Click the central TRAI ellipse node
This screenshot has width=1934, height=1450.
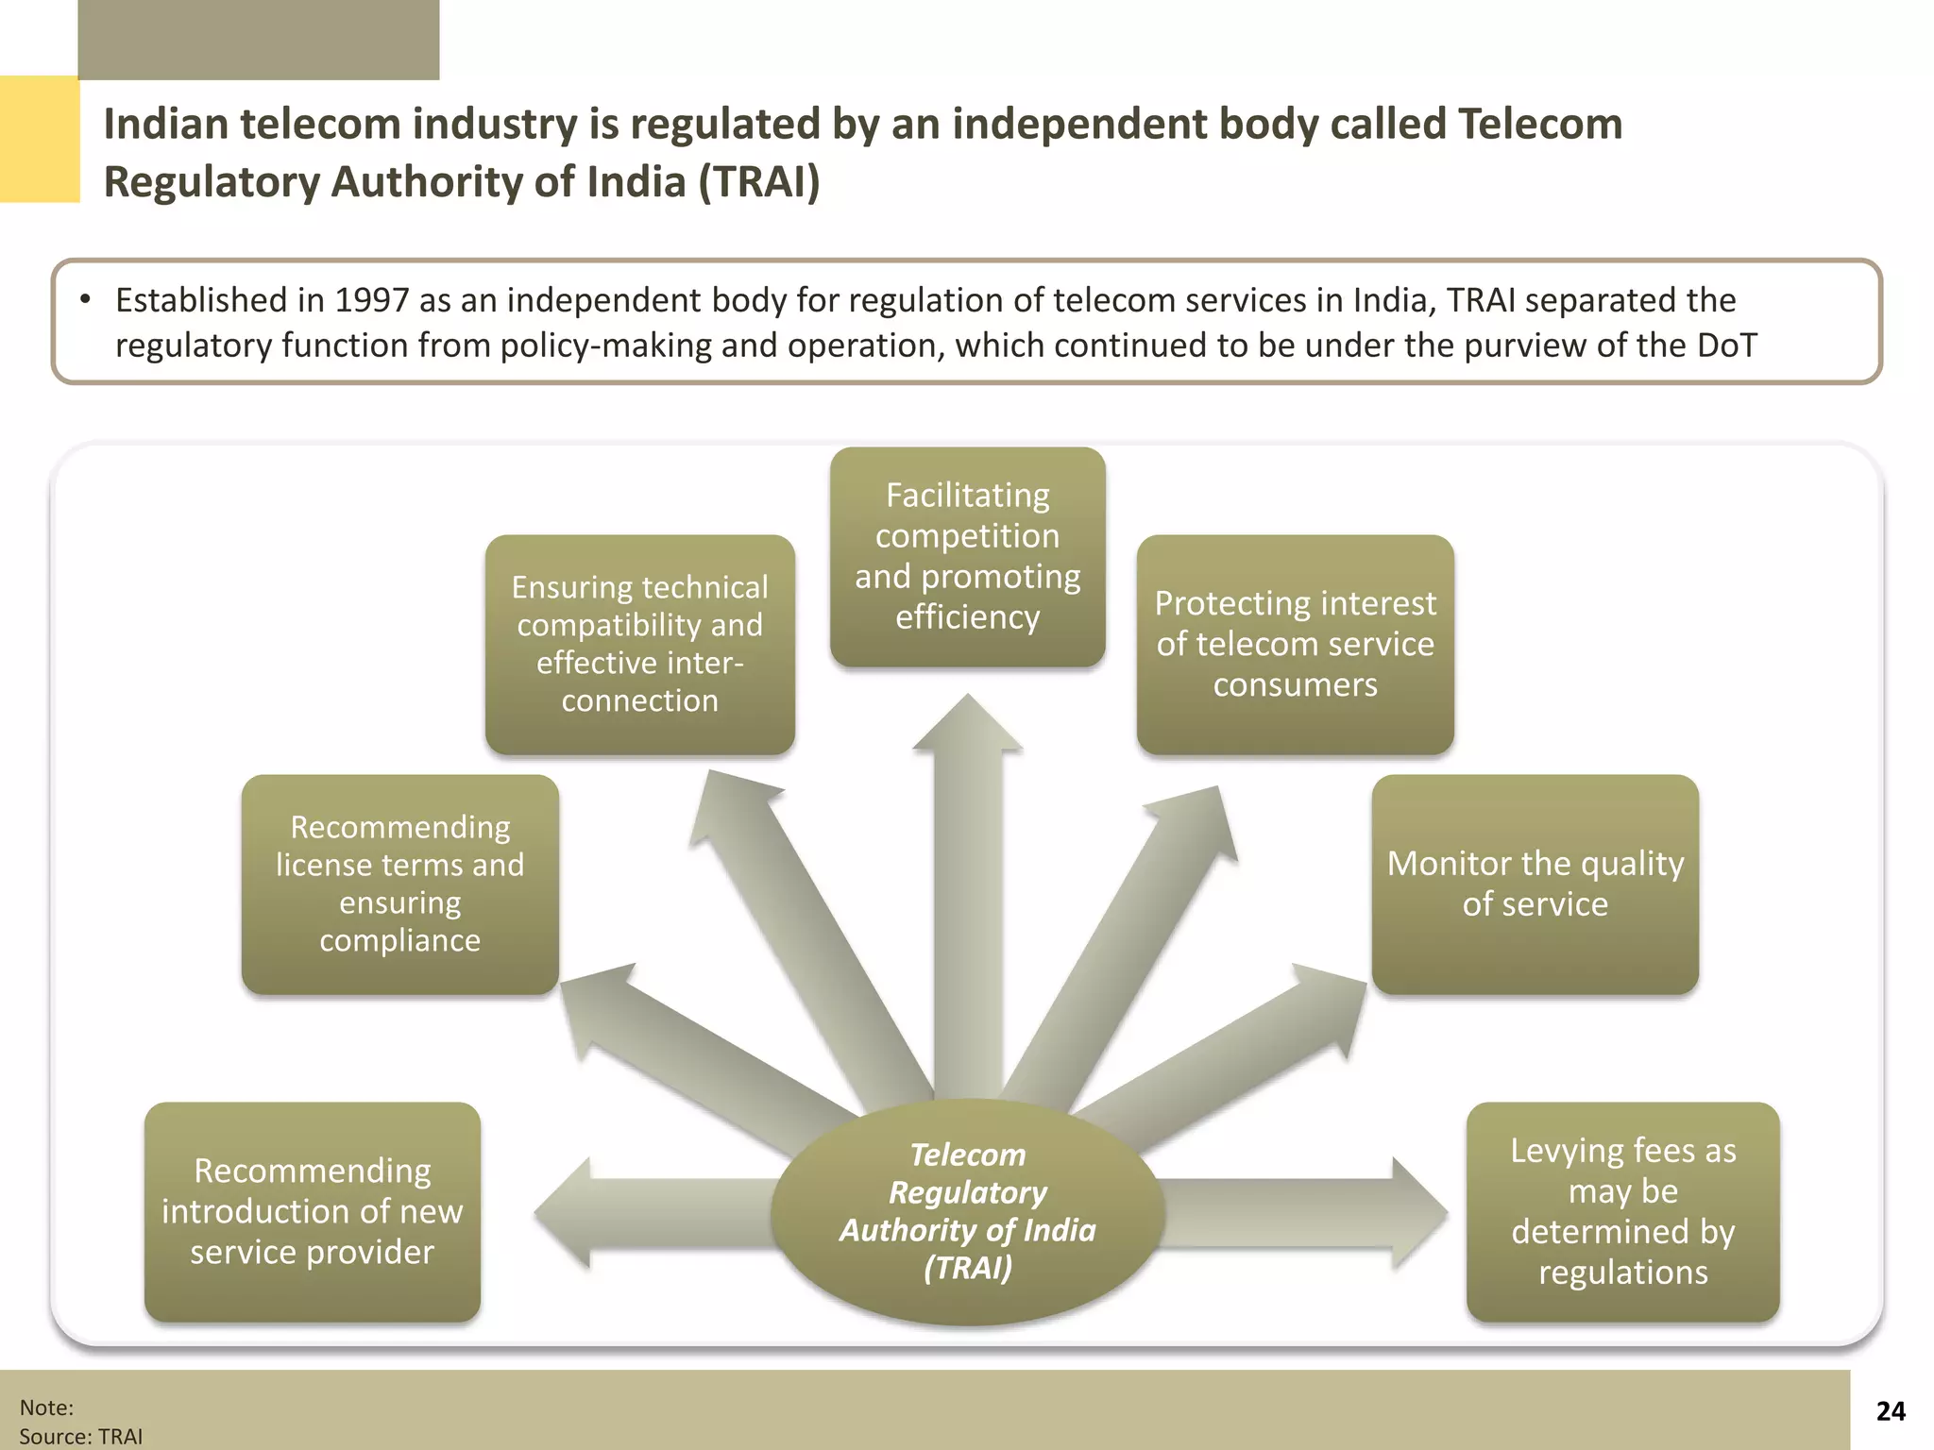tap(967, 1211)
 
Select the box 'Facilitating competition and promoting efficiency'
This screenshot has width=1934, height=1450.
tap(967, 557)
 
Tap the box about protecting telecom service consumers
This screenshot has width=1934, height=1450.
tap(1295, 644)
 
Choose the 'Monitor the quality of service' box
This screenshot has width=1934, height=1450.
tap(1535, 884)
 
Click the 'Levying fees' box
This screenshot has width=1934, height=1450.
tap(1622, 1211)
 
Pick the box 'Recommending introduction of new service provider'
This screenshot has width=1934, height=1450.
tap(312, 1211)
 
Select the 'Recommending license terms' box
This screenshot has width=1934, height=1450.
tap(399, 884)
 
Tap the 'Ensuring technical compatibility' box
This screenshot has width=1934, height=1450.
tap(639, 644)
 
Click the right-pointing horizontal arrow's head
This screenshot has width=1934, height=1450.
tap(1417, 1213)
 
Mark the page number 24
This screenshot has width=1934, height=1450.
tap(1890, 1411)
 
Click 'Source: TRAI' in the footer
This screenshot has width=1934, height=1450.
tap(81, 1436)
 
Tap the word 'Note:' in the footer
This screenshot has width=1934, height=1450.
tap(46, 1408)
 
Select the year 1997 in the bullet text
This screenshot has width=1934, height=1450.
tap(371, 300)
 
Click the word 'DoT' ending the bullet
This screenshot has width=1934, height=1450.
tap(1726, 346)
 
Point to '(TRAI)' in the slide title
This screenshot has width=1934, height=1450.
tap(759, 182)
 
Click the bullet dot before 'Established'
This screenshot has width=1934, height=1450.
tap(85, 300)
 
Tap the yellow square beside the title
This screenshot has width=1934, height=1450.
tap(39, 139)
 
